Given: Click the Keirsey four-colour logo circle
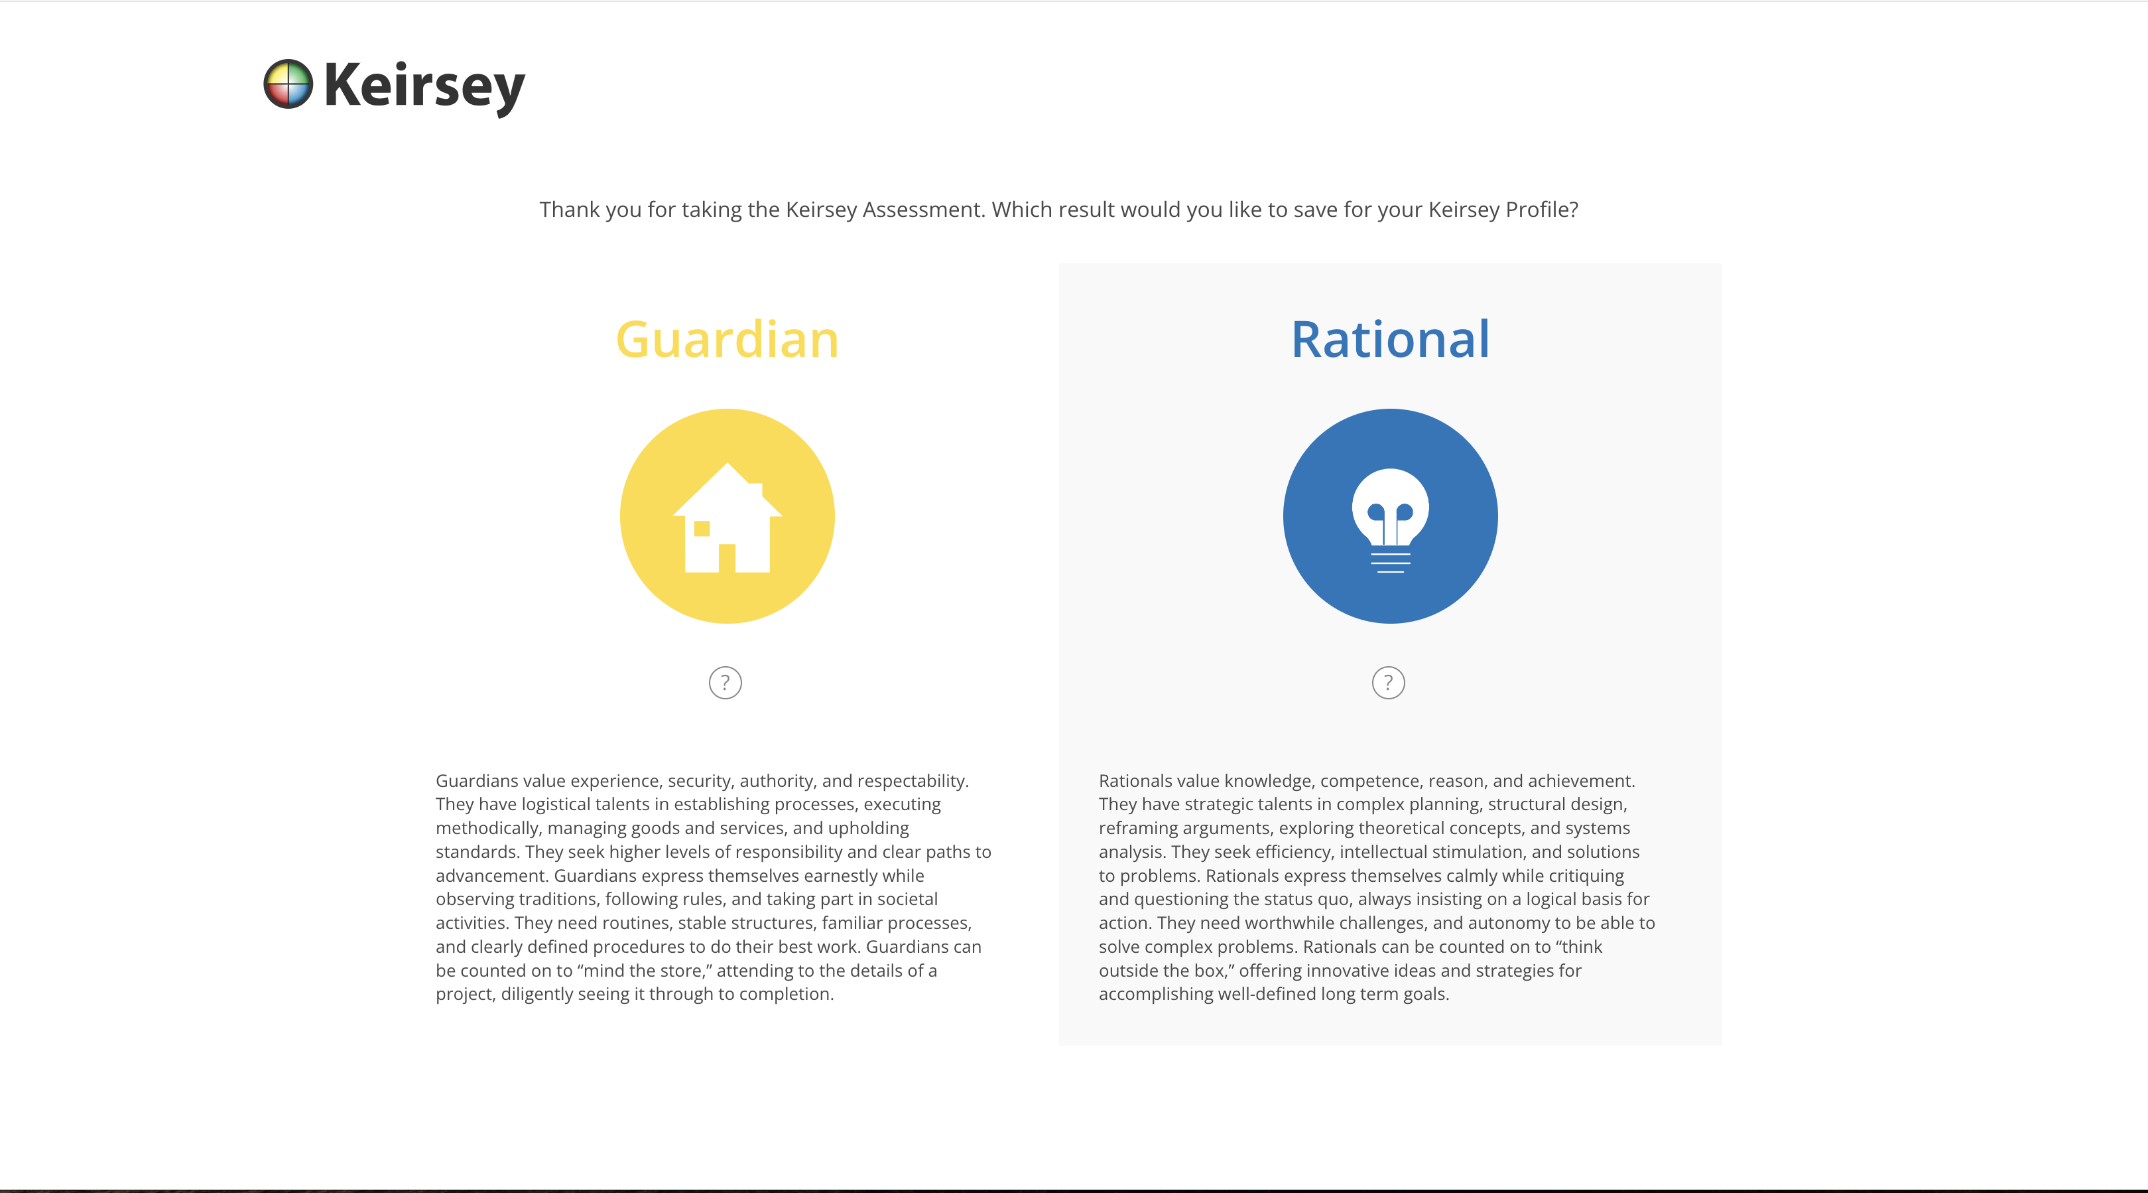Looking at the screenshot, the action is click(288, 84).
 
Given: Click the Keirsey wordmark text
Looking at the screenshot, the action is click(424, 88).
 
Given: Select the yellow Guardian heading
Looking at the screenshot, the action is click(727, 340).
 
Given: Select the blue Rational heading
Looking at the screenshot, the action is click(1390, 340).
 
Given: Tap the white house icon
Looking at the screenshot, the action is click(727, 518).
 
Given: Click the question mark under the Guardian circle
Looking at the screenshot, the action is click(726, 683).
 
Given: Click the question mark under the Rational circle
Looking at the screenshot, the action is click(1389, 683).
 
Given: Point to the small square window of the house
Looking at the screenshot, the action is click(702, 528).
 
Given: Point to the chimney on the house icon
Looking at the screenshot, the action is click(755, 490).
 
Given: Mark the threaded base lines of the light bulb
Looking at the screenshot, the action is click(1390, 563).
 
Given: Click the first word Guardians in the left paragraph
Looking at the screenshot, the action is click(477, 781).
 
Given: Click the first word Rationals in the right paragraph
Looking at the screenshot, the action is click(1136, 781).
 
